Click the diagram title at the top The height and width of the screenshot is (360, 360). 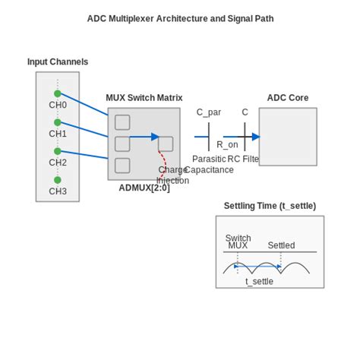(x=180, y=18)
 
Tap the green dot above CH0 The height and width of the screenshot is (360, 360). (x=58, y=93)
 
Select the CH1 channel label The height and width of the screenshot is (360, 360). (x=58, y=134)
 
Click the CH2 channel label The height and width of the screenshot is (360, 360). (x=58, y=163)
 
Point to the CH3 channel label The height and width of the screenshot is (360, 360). (x=58, y=191)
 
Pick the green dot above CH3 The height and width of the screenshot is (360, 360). (x=58, y=180)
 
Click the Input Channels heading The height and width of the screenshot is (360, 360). (x=58, y=62)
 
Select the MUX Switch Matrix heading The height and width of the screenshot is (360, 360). (x=144, y=98)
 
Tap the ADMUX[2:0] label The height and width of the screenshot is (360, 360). (x=144, y=188)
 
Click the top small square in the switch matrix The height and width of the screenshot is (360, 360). (x=122, y=122)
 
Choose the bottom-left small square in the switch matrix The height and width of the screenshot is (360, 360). (x=122, y=166)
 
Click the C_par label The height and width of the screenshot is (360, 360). (x=209, y=112)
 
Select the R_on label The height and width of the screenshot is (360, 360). (x=227, y=144)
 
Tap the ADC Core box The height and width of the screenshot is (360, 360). (x=288, y=137)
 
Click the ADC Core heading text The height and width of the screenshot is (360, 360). (x=288, y=98)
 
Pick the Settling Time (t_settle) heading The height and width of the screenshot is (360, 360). (x=270, y=206)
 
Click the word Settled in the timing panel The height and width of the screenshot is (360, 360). (x=281, y=245)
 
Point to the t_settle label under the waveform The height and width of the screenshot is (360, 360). (x=259, y=281)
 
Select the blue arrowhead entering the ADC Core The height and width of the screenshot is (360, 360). (x=256, y=137)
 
